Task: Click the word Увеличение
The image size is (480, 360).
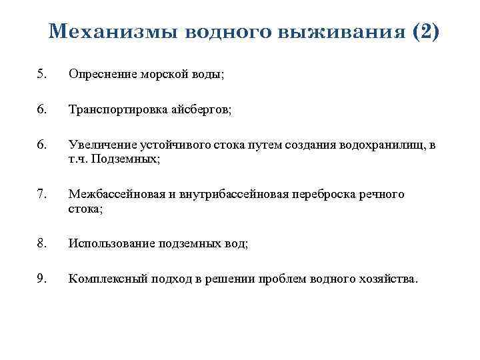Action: click(x=101, y=145)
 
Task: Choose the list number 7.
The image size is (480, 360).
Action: click(x=43, y=194)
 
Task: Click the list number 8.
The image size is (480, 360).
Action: click(x=43, y=243)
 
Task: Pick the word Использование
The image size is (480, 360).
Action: click(x=111, y=243)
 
